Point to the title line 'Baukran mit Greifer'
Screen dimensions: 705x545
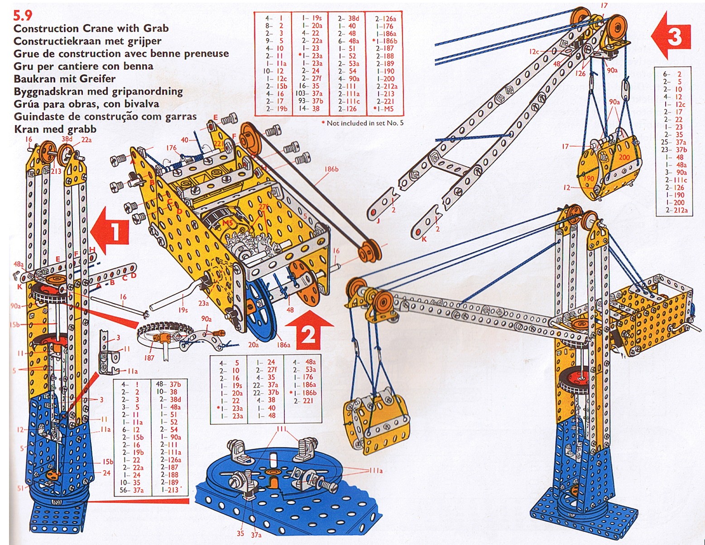point(65,79)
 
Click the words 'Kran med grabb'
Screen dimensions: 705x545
point(55,129)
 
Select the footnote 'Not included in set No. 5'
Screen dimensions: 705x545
point(365,123)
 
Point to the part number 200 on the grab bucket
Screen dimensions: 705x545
point(624,158)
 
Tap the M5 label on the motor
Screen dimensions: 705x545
point(228,222)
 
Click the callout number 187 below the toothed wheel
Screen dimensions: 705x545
point(149,358)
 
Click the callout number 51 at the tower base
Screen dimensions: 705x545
point(21,487)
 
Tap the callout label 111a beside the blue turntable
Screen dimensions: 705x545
point(375,471)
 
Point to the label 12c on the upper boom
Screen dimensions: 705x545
point(534,51)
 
